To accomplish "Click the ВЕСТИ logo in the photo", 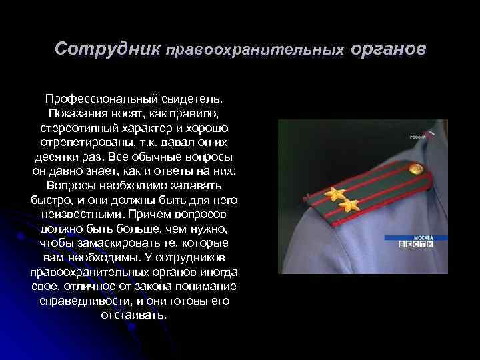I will point(417,244).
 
